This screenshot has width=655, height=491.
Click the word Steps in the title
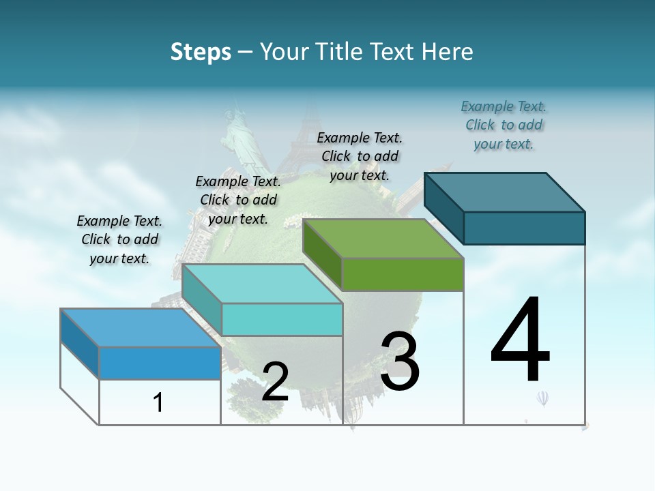point(201,52)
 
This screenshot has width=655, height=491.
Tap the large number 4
point(520,340)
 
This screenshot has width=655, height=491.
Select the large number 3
point(399,361)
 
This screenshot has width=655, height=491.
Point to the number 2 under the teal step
point(275,382)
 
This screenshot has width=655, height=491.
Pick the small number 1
point(158,402)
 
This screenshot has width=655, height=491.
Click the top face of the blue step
point(140,327)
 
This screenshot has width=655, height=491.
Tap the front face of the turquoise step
point(282,319)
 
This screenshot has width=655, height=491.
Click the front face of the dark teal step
point(524,228)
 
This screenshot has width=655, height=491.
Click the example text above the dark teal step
point(504,125)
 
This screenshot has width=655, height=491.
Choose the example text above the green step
point(360,156)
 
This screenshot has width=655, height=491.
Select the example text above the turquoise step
point(238,200)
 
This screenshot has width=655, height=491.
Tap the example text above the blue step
point(119,239)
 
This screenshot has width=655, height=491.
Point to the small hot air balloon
point(543,398)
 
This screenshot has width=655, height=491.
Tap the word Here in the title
point(448,52)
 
